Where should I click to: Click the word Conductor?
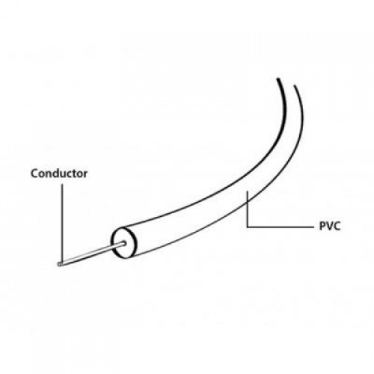pos(59,174)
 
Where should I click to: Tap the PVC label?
pos(330,227)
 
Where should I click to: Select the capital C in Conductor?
pos(34,174)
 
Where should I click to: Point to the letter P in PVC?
pos(322,227)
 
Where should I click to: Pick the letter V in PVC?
pos(329,227)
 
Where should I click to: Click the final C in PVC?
pos(337,227)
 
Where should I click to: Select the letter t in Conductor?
pos(74,174)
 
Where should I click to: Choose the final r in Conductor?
pos(85,175)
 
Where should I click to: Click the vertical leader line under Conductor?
pos(62,223)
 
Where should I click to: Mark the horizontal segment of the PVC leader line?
pos(280,227)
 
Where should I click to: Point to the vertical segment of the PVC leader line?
pos(247,209)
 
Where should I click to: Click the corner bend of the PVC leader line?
pos(247,227)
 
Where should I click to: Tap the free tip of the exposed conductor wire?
pos(59,264)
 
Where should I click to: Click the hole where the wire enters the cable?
pos(124,243)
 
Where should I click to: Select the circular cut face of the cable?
pos(124,242)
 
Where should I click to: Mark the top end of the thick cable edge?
pos(278,79)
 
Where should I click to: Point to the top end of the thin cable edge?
pos(295,86)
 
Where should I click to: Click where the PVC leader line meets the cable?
pos(247,203)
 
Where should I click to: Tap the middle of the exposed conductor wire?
pos(91,254)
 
